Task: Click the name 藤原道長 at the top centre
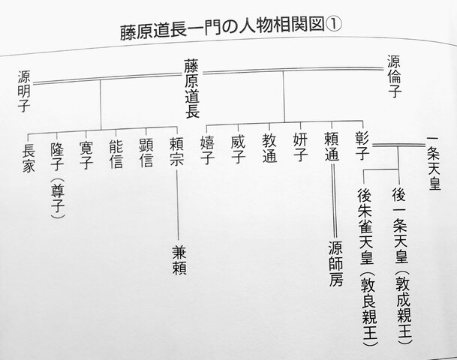click(x=191, y=88)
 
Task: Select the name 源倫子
click(x=394, y=76)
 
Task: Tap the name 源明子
click(x=24, y=91)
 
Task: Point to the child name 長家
click(x=29, y=157)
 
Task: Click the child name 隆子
click(x=57, y=157)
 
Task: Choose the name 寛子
click(x=86, y=155)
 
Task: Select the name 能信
click(x=116, y=154)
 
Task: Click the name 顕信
click(x=146, y=153)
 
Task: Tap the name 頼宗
click(x=176, y=151)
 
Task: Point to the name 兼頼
click(x=179, y=260)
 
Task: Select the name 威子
click(x=238, y=148)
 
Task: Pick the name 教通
click(x=269, y=148)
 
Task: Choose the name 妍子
click(x=300, y=147)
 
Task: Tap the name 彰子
click(x=362, y=145)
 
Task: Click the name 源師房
click(x=335, y=263)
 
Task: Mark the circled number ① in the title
click(x=333, y=25)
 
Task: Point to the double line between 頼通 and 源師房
click(x=334, y=201)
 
